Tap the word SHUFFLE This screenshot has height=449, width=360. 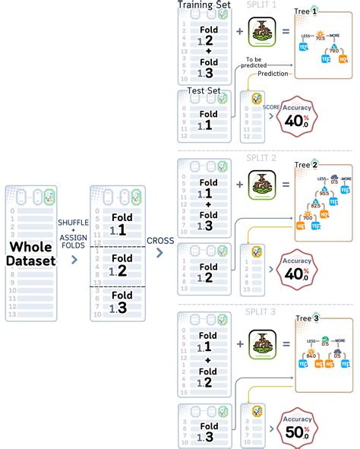pyautogui.click(x=74, y=221)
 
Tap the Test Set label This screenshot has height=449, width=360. pyautogui.click(x=204, y=93)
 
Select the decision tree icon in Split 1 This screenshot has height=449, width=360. pyautogui.click(x=261, y=33)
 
